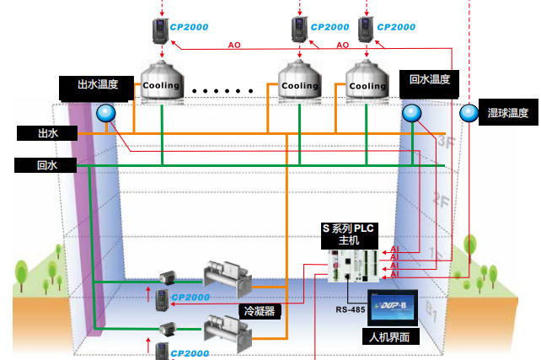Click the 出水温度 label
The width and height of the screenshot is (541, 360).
(x=96, y=85)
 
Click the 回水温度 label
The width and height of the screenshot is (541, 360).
(x=429, y=81)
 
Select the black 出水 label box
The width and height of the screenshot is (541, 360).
(x=46, y=133)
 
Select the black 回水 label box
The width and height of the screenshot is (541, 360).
(x=46, y=165)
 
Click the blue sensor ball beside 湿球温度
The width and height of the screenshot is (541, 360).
(x=469, y=112)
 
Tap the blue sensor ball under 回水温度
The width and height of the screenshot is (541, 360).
(x=410, y=113)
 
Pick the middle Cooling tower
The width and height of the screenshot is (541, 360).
(x=300, y=81)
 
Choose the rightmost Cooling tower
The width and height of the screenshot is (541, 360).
(x=367, y=81)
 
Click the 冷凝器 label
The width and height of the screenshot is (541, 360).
(x=260, y=309)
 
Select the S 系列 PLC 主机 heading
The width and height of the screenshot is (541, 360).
(x=348, y=234)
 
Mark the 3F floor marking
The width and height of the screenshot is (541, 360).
(x=446, y=141)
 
